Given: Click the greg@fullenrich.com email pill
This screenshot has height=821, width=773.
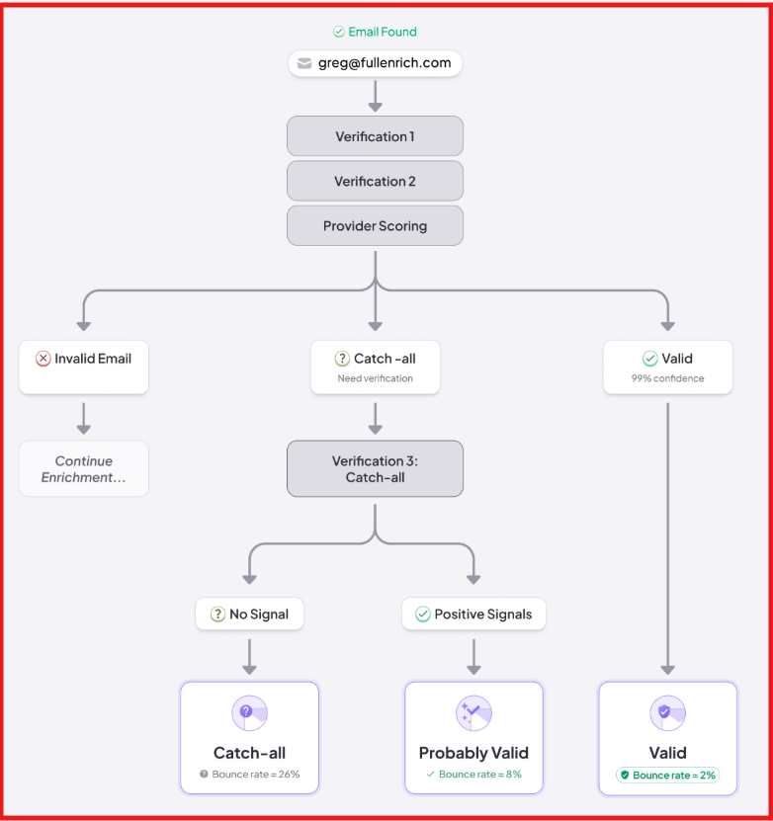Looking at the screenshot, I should (x=376, y=63).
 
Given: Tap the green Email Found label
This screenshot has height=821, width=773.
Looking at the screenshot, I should (x=376, y=32).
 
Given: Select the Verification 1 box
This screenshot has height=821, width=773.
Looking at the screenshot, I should (x=375, y=136).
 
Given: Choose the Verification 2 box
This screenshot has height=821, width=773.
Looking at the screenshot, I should (x=375, y=181).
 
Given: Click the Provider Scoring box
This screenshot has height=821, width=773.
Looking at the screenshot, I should (x=375, y=225).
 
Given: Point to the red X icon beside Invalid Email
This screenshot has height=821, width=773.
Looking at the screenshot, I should (x=43, y=359).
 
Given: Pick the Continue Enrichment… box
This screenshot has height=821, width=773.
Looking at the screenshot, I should (x=84, y=468).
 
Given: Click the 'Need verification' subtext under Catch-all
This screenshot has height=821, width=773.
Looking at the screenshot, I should (x=375, y=378).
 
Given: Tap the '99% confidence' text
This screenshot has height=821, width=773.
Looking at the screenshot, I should (x=667, y=378).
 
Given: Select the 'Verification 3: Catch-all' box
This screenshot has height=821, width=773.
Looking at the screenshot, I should (x=375, y=468).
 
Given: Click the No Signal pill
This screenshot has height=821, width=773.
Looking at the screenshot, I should (x=249, y=614).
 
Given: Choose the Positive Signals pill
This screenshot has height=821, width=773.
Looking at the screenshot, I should (x=473, y=614).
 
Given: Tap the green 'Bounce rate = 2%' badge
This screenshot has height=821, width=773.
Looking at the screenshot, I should (x=667, y=775).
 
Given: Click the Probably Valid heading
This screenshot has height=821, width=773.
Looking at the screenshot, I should (x=473, y=753).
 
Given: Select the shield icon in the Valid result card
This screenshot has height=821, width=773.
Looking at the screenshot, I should (x=667, y=712).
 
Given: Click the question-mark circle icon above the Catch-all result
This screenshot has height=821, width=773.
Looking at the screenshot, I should (x=249, y=712).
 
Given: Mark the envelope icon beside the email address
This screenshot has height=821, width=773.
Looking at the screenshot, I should (x=304, y=63).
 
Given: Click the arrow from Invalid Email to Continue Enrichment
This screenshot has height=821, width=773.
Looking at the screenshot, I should (x=84, y=418).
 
